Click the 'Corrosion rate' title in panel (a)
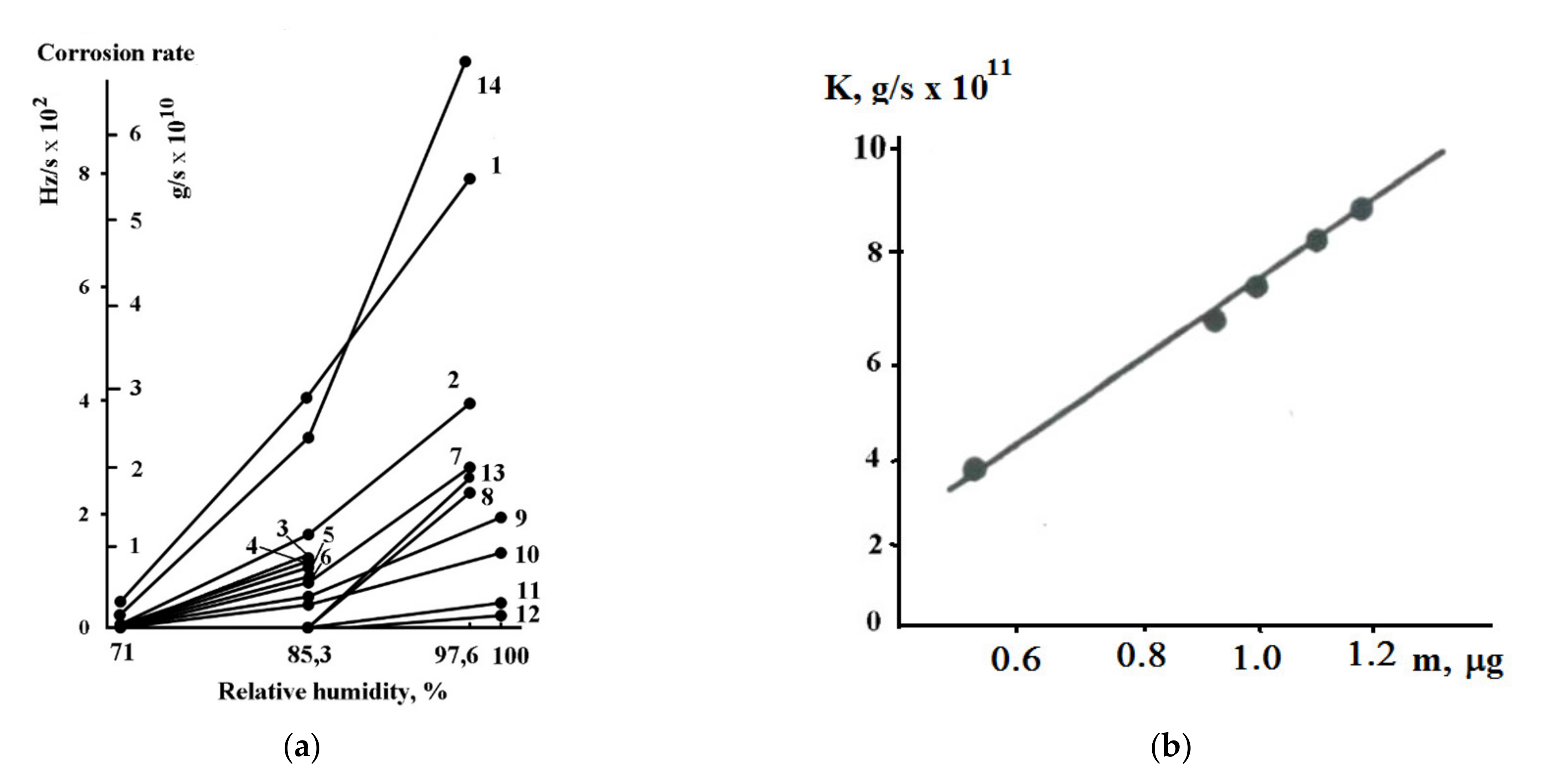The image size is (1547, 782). (116, 53)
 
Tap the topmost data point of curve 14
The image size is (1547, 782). (465, 61)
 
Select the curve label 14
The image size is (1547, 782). (489, 86)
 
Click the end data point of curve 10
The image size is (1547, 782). (500, 553)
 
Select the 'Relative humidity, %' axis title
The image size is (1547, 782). (332, 692)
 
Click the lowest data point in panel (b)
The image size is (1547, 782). (974, 469)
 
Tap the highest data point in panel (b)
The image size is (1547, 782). (1362, 209)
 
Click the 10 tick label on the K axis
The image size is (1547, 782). (870, 148)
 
